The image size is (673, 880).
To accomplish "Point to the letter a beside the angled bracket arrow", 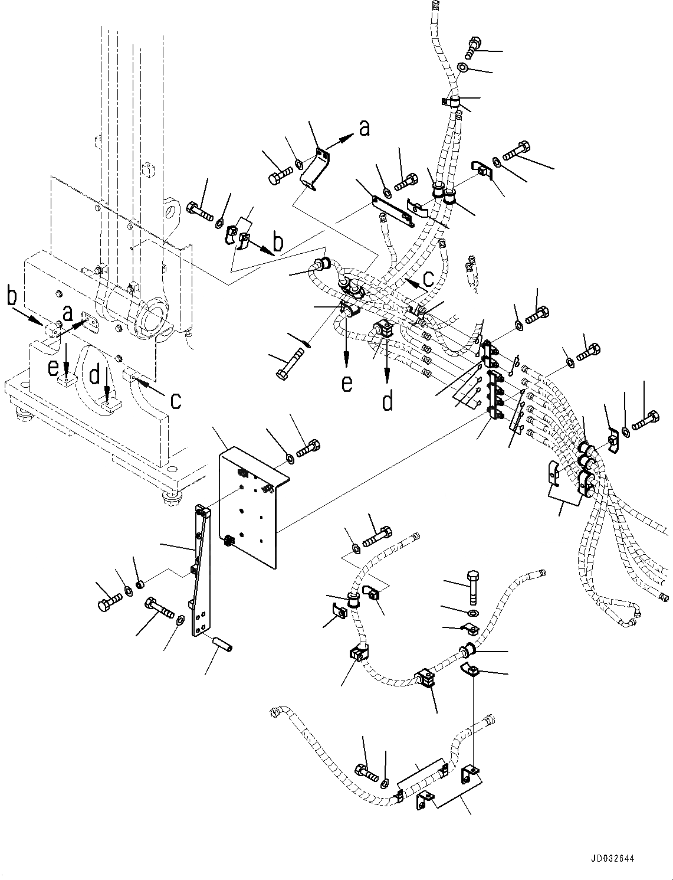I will [365, 128].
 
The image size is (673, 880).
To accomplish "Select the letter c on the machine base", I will [175, 400].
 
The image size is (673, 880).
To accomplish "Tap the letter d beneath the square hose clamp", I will [387, 401].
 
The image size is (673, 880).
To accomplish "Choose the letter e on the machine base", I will [54, 368].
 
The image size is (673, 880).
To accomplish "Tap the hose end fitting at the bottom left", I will [275, 713].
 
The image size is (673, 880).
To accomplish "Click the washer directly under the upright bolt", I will [474, 610].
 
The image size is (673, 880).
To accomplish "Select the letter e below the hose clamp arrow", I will [347, 382].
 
